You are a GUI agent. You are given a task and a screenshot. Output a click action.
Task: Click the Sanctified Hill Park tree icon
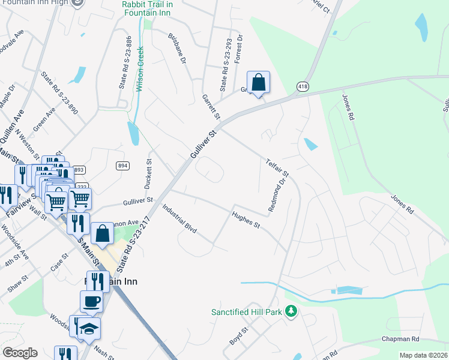coord(291,311)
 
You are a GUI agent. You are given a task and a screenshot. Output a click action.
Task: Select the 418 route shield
coord(302,87)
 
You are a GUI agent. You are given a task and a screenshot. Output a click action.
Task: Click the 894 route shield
coord(123,166)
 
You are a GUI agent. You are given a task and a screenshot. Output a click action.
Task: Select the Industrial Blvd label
coord(179,218)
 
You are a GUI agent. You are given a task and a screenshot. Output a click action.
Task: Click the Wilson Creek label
coord(140,68)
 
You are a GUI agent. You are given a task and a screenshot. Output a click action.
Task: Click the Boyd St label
coord(238,336)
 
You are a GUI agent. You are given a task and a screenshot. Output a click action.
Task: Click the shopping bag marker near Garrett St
coord(258,82)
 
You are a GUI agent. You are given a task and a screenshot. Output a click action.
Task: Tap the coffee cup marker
coord(91,301)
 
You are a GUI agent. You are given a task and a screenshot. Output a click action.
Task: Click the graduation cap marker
coord(89,328)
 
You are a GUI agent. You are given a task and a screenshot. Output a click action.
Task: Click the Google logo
coord(20,353)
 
